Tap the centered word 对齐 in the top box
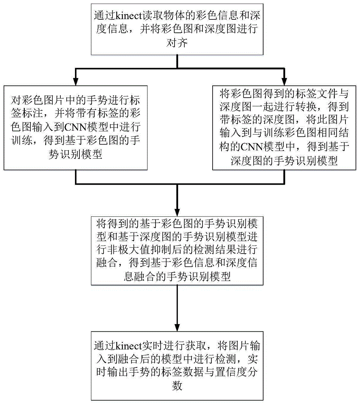(177, 43)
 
